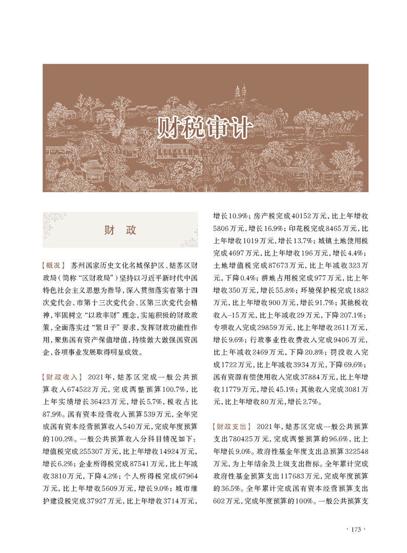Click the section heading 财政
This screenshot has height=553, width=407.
click(120, 230)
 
